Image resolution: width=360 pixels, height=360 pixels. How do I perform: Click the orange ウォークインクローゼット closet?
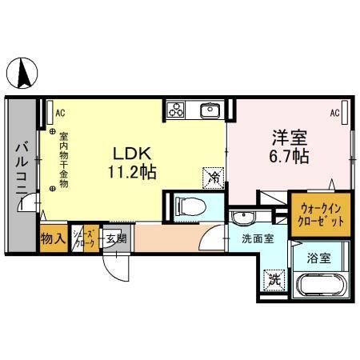coord(319,213)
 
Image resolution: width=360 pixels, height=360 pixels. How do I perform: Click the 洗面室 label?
coord(258,238)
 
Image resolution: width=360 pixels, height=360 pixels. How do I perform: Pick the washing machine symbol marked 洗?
coord(274,280)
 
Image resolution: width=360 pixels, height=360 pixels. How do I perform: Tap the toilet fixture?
coord(187,207)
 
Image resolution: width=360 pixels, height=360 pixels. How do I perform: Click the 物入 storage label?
coord(53,238)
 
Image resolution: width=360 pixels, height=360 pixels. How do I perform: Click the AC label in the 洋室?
coord(334,113)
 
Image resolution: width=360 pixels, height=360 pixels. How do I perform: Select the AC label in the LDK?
coord(60,113)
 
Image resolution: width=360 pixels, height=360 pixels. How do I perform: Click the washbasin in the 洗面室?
coord(242,218)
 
